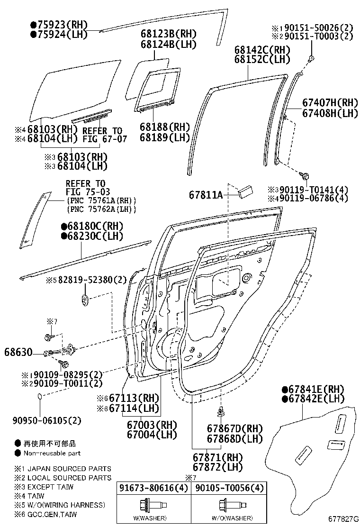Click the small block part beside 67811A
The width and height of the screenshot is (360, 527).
(x=246, y=190)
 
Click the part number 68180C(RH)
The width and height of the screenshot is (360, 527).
(x=92, y=226)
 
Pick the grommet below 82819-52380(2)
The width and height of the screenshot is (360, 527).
(x=85, y=300)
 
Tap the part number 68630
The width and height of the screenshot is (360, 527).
(x=18, y=353)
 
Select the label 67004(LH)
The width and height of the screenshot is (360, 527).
(x=152, y=434)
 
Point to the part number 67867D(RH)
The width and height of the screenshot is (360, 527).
(x=234, y=428)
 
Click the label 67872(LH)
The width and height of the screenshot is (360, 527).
(x=217, y=468)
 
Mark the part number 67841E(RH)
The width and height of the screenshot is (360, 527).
(x=314, y=389)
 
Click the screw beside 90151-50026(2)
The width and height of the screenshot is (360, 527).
(x=311, y=59)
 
